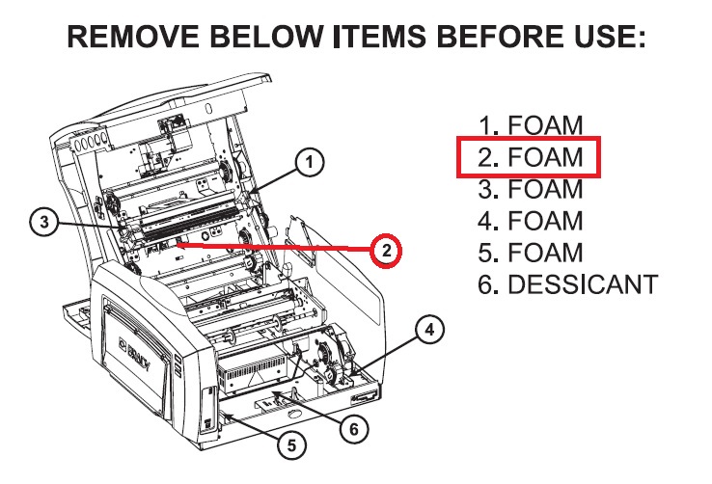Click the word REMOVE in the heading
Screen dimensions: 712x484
tap(133, 37)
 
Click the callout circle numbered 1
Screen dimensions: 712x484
tap(310, 162)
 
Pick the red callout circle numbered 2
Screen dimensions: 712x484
tap(386, 251)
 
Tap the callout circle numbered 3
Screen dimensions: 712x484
tap(44, 223)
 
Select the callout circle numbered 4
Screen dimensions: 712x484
tap(429, 330)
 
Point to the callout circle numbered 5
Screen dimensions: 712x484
tap(291, 445)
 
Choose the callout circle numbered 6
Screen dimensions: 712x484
tap(354, 429)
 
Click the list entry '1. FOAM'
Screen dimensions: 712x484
tap(531, 125)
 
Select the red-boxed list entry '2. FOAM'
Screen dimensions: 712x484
tap(529, 157)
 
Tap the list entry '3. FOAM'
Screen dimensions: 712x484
tap(531, 189)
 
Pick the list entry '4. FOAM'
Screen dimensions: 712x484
tap(531, 221)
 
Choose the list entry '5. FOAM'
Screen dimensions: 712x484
tap(531, 253)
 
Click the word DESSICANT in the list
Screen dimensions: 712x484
tap(583, 284)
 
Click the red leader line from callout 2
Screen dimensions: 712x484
tap(274, 247)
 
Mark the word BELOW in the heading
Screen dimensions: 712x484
tap(265, 37)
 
